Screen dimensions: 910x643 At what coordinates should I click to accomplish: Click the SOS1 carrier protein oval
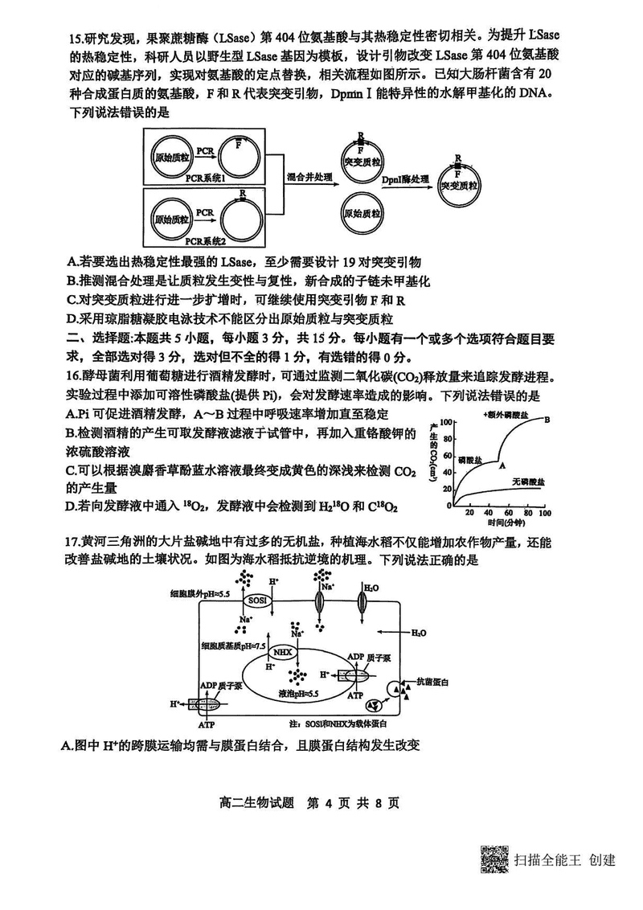257,600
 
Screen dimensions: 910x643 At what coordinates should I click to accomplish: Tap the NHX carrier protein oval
281,651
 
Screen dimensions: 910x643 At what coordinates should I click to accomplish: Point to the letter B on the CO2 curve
547,419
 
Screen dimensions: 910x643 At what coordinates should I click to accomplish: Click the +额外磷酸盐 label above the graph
506,414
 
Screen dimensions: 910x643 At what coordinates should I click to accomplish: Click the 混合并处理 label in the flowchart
308,176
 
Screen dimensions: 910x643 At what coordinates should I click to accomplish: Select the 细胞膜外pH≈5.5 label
200,593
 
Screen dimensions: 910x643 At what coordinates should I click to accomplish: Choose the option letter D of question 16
72,506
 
